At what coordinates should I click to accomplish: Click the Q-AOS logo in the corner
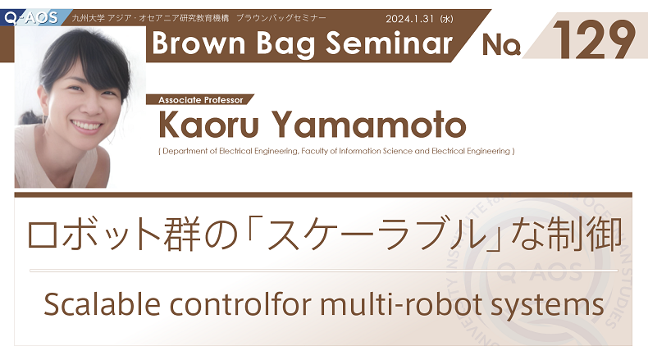[x=31, y=18]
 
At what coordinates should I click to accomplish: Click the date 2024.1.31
[x=409, y=19]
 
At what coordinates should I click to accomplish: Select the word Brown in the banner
[x=199, y=43]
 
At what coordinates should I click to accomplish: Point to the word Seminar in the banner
[x=390, y=43]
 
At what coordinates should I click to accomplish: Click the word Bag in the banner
[x=286, y=44]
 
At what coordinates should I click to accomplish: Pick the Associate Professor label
[x=201, y=100]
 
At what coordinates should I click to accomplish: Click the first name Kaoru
[x=208, y=124]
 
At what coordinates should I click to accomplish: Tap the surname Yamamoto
[x=368, y=124]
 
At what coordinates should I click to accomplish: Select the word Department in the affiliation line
[x=185, y=151]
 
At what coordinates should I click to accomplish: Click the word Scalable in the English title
[x=102, y=303]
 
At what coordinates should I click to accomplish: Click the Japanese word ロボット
[x=94, y=235]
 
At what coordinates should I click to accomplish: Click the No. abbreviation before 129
[x=501, y=44]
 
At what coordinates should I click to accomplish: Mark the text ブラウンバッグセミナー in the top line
[x=281, y=18]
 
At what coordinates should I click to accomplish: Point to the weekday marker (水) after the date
[x=446, y=19]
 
